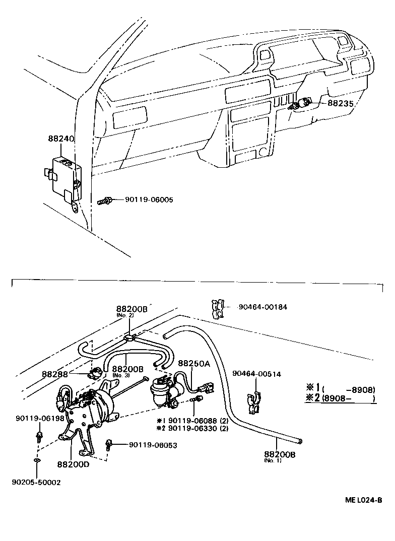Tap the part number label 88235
(341, 103)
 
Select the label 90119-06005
(149, 200)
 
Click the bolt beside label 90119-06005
(104, 201)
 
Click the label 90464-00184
(263, 307)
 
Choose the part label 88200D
(73, 464)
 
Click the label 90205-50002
(36, 482)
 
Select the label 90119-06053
(153, 445)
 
